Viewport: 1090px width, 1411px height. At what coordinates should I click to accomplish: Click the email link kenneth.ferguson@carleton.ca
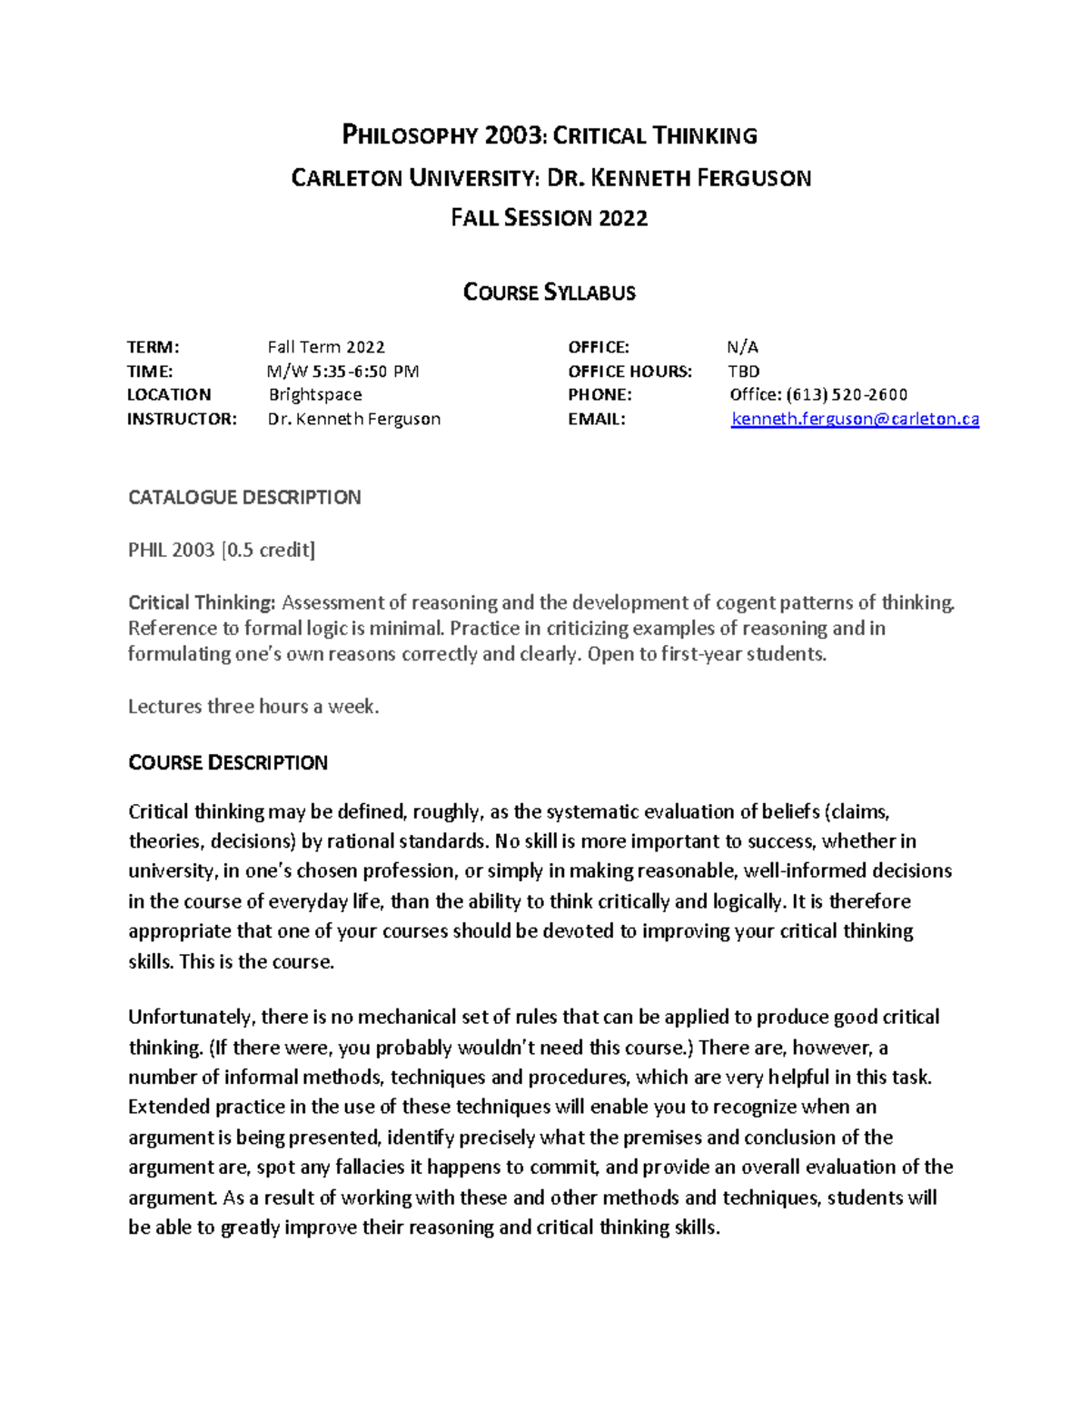(x=855, y=419)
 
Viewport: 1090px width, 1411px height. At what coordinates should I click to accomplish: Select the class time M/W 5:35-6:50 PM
(x=342, y=371)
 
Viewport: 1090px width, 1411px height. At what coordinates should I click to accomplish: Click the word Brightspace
(x=315, y=394)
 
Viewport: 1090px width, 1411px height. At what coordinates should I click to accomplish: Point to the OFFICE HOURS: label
(x=629, y=371)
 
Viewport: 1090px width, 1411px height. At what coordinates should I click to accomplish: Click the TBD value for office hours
(x=743, y=371)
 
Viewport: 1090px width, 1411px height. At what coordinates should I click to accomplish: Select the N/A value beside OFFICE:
(x=742, y=347)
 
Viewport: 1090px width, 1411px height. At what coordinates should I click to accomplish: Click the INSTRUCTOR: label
(x=182, y=419)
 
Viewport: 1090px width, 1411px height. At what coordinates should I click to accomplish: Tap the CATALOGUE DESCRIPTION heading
(x=244, y=497)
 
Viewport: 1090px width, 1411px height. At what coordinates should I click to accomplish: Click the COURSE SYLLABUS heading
(x=549, y=293)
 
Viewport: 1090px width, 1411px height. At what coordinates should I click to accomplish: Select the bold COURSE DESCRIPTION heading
(x=227, y=762)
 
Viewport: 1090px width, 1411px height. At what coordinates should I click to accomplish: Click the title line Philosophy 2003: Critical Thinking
(x=549, y=136)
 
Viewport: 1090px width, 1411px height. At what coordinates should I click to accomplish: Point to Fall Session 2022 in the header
(x=549, y=218)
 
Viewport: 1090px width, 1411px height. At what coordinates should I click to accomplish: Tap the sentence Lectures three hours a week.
(x=253, y=706)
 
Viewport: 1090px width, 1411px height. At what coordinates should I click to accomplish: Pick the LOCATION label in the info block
(x=169, y=394)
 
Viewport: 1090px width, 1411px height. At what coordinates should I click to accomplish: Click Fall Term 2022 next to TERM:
(x=326, y=347)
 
